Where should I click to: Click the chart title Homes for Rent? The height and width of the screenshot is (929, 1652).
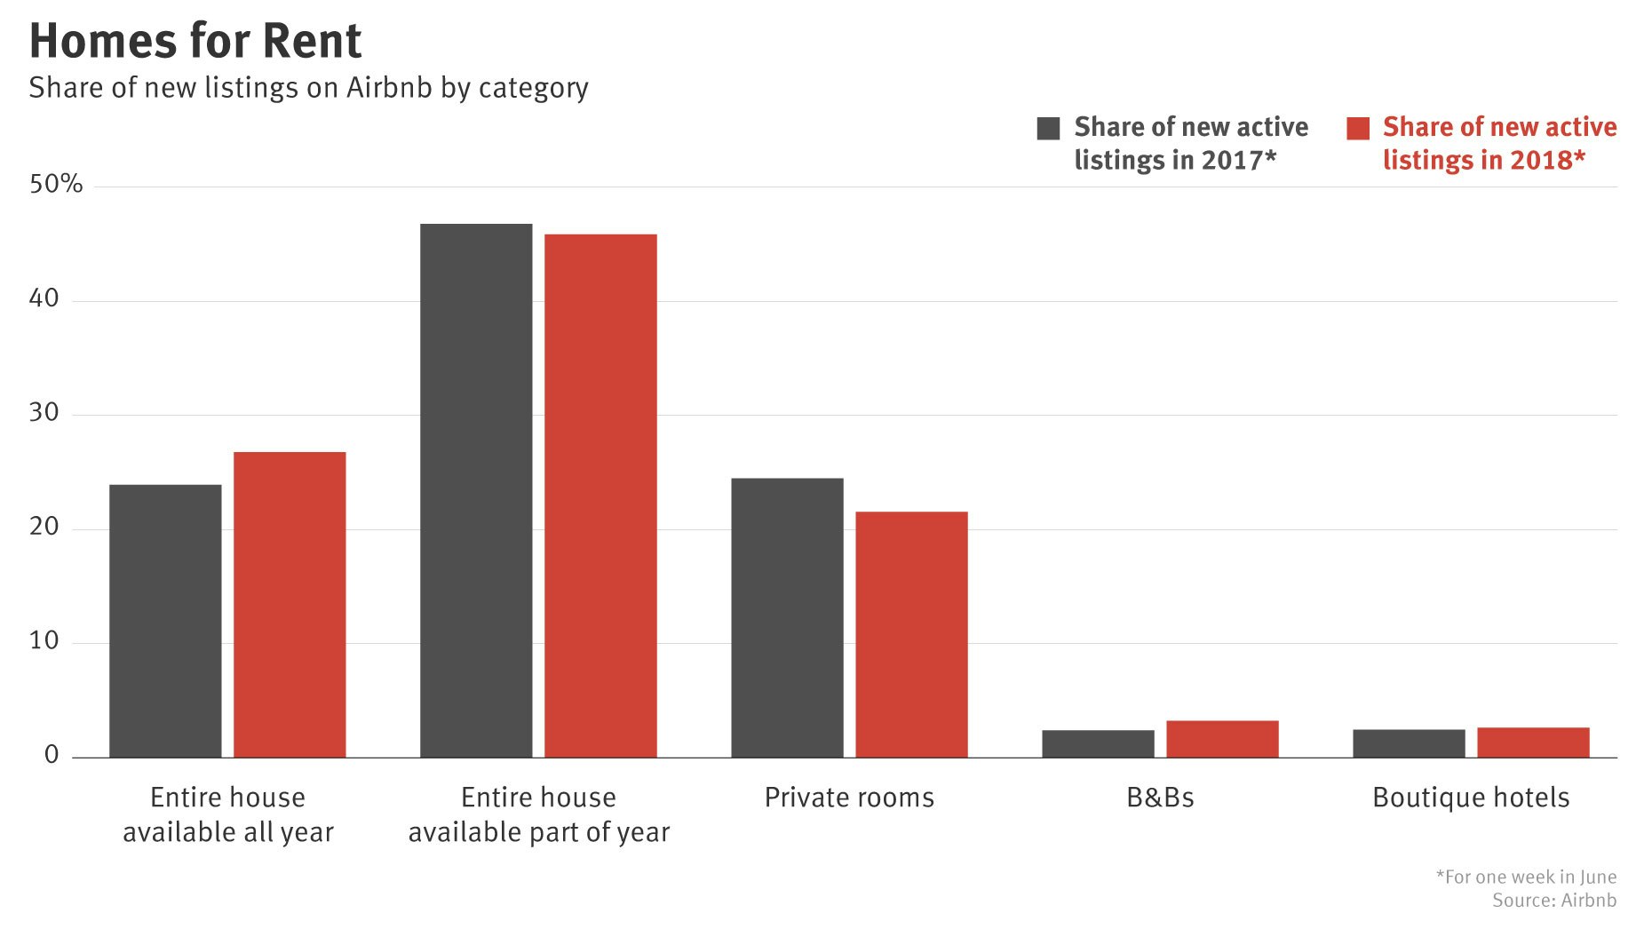(195, 41)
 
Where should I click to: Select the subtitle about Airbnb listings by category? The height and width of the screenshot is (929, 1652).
(308, 88)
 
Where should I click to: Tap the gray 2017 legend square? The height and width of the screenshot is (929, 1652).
(1048, 128)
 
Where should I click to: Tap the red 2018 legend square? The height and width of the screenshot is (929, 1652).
(1358, 128)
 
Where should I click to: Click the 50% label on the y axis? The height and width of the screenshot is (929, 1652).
(56, 184)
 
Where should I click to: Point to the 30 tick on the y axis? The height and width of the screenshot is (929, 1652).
(44, 412)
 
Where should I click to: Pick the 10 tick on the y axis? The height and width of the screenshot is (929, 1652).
(44, 640)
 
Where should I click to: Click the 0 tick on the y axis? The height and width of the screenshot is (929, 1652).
(52, 755)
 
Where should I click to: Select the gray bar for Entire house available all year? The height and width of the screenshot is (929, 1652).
(165, 621)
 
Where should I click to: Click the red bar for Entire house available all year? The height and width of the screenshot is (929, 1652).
(290, 604)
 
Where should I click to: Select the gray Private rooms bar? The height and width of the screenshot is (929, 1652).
(787, 617)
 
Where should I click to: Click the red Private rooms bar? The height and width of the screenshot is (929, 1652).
(911, 634)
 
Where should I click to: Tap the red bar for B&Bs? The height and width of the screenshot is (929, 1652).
(1222, 739)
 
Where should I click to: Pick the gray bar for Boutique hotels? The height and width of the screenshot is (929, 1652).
(1409, 743)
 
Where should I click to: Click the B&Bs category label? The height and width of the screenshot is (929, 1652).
(1160, 798)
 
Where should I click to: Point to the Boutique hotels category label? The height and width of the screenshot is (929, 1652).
(1471, 798)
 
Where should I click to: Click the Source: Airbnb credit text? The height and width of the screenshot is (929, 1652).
(1553, 901)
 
